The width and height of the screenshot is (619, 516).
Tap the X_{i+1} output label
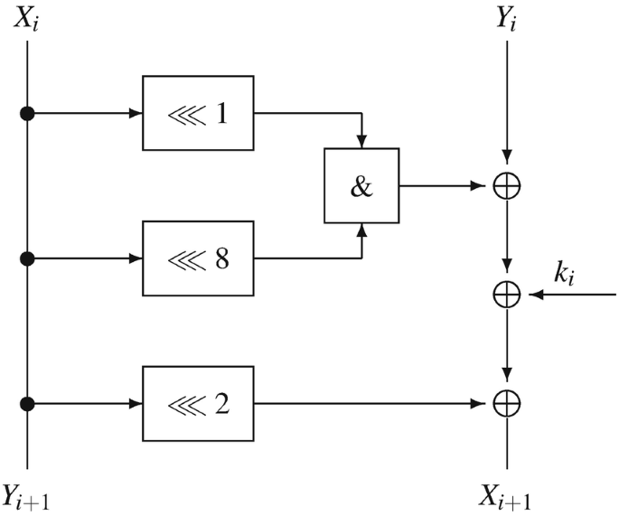click(507, 495)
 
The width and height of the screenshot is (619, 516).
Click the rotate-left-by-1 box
click(199, 114)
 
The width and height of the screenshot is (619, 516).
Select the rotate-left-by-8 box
click(199, 258)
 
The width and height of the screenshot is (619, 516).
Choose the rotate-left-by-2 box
click(199, 403)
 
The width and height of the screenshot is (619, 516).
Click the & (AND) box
click(361, 185)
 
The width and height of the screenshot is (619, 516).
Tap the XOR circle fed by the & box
click(507, 186)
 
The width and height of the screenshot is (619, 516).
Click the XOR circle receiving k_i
click(507, 295)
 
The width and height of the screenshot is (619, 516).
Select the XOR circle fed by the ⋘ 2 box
click(507, 403)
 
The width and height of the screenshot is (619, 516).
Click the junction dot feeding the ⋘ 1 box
click(28, 114)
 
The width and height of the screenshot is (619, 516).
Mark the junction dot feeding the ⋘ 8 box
click(28, 258)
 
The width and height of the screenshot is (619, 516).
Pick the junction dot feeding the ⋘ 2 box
click(28, 403)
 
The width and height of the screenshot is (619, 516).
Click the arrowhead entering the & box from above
click(361, 142)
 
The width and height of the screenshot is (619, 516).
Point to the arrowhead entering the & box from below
click(361, 230)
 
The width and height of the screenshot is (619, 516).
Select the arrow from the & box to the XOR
click(443, 186)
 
